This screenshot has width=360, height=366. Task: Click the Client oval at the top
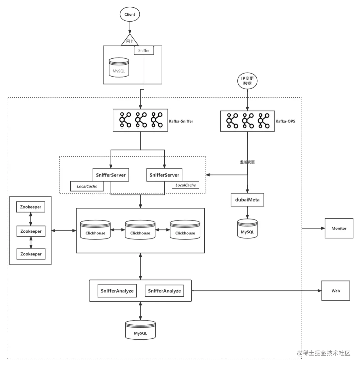(x=130, y=14)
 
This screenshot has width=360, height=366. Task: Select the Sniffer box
(x=144, y=51)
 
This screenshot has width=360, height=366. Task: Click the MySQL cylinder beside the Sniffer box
(x=119, y=69)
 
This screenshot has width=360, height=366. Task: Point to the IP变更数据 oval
(x=247, y=81)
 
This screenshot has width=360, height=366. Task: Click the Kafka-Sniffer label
(x=181, y=121)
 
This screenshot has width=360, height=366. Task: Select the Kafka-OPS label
(x=285, y=121)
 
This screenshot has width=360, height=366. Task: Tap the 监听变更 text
(x=247, y=162)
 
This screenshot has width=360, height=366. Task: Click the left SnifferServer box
(x=111, y=175)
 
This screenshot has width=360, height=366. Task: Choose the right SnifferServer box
(x=164, y=175)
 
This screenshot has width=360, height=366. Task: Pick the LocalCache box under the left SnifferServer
(x=87, y=186)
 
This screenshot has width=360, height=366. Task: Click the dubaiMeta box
(x=247, y=200)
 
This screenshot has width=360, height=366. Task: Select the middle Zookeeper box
(x=31, y=231)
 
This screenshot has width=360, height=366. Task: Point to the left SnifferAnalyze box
(x=117, y=291)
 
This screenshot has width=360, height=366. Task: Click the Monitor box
(x=339, y=228)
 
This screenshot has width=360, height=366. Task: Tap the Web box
(x=336, y=291)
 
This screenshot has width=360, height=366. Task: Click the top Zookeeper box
(x=31, y=207)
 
